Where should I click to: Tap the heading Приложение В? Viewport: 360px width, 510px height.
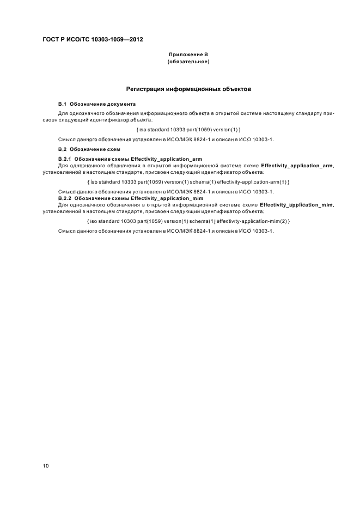click(188, 54)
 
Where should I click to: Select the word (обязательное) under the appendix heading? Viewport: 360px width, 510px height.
click(188, 62)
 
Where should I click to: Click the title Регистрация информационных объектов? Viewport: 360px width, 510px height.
click(188, 88)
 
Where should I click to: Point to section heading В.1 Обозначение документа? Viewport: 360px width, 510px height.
click(97, 104)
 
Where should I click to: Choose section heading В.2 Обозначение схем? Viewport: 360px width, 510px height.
click(89, 149)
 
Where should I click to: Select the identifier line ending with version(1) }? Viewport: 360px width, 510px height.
click(188, 129)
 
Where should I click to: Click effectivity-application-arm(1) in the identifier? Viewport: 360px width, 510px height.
click(253, 181)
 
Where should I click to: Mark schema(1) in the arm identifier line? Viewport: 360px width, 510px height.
click(200, 181)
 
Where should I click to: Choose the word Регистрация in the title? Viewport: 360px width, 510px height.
click(144, 88)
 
